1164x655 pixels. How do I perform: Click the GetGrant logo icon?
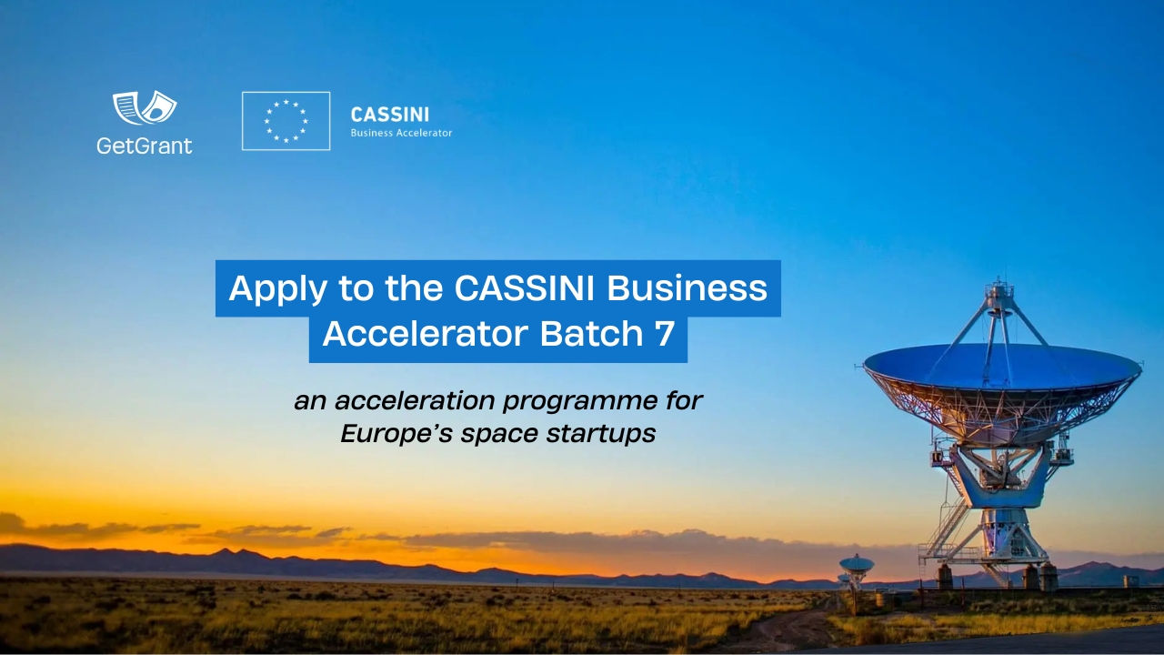[145, 108]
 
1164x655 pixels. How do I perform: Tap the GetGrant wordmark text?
[145, 145]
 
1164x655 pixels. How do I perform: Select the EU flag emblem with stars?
[286, 121]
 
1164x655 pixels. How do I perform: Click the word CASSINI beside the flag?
[389, 115]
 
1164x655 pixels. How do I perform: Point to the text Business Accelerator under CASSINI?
[401, 133]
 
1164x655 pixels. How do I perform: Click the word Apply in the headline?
[277, 288]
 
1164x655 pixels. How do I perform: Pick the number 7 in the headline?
[664, 335]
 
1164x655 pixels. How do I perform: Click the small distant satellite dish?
[856, 564]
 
